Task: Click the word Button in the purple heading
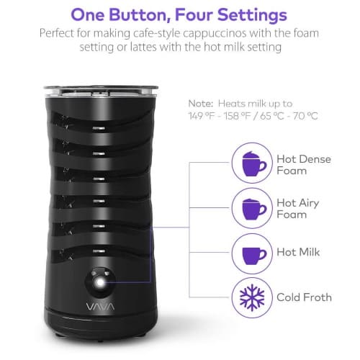point(138,15)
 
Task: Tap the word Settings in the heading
point(252,16)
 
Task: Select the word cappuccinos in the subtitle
point(215,33)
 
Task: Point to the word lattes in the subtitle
point(143,47)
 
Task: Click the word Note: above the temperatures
point(201,104)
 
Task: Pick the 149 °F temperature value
point(202,116)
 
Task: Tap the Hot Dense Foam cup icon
point(254,163)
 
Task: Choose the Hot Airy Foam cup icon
point(254,209)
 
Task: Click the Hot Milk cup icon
point(254,256)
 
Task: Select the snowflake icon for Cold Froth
point(252,297)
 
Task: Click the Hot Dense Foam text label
point(304,165)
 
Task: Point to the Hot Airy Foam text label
point(298,209)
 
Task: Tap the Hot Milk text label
point(298,252)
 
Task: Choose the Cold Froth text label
point(304,297)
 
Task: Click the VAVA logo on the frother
point(100,307)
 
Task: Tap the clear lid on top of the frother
point(101,91)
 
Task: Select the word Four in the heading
point(194,15)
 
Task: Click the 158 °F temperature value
point(237,116)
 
